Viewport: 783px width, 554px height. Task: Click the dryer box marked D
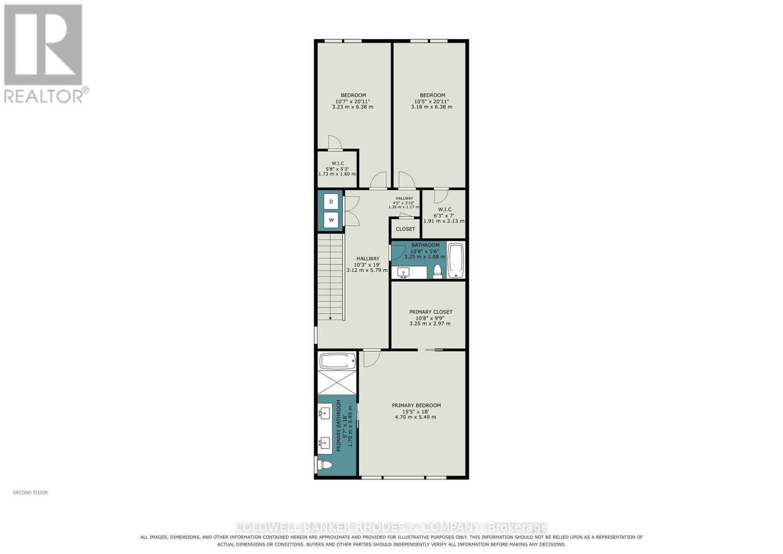331,201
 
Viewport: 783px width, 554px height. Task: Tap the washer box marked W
331,220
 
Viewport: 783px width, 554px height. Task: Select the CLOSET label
405,229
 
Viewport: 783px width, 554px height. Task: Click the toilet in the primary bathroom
324,465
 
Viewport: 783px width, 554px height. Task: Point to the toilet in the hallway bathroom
437,271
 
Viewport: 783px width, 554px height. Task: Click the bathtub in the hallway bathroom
456,260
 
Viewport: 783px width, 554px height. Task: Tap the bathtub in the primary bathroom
337,361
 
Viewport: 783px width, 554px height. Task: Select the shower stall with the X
337,383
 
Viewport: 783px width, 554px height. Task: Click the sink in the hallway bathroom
403,272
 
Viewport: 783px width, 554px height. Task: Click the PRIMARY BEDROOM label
416,405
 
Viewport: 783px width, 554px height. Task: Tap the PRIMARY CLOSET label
431,312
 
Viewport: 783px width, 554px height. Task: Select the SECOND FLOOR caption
30,492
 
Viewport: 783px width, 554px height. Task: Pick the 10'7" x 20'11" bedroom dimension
353,101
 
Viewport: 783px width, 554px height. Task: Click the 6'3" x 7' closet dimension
444,216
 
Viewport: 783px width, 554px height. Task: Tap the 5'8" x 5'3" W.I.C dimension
337,169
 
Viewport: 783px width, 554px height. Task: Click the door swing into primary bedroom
372,359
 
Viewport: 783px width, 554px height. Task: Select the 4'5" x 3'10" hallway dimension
404,203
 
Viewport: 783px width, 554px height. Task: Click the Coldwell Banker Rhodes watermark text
391,527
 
